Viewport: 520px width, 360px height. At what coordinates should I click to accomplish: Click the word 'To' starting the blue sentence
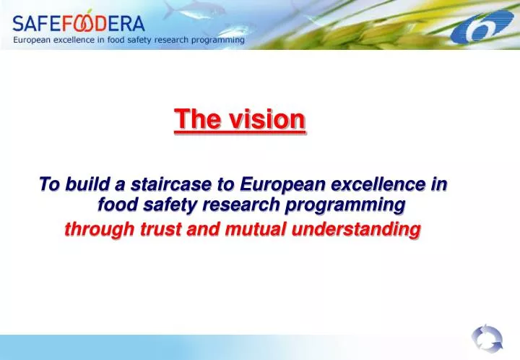(x=48, y=185)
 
